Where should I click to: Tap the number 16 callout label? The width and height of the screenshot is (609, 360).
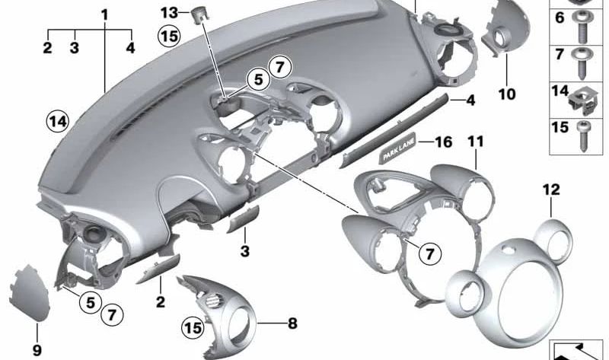click(443, 142)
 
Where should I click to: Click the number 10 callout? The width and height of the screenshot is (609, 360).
click(507, 94)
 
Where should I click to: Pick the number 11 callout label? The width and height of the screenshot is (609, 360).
click(476, 142)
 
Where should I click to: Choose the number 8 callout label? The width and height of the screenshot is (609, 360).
click(292, 323)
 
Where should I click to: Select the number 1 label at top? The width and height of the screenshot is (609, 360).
click(104, 14)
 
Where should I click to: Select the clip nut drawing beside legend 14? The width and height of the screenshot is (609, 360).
click(582, 95)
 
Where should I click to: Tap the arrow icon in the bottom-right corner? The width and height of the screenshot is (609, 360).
click(576, 350)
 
